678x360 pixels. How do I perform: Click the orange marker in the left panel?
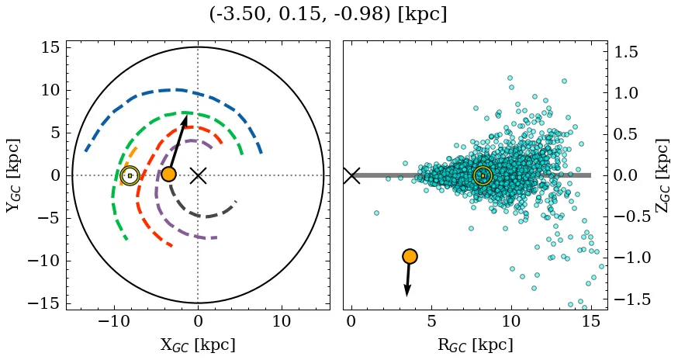pyautogui.click(x=168, y=175)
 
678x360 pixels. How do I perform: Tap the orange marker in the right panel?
pyautogui.click(x=410, y=256)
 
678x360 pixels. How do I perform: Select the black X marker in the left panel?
pyautogui.click(x=198, y=175)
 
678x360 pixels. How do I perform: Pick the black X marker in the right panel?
pyautogui.click(x=351, y=175)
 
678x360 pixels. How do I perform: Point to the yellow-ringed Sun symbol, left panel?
pyautogui.click(x=130, y=175)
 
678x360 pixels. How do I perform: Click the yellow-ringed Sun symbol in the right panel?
pyautogui.click(x=483, y=176)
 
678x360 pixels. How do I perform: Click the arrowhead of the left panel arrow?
pyautogui.click(x=185, y=120)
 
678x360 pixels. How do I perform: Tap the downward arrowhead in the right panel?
pyautogui.click(x=407, y=290)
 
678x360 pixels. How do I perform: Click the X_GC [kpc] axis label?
pyautogui.click(x=198, y=345)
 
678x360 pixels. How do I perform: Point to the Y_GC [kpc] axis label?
pyautogui.click(x=13, y=175)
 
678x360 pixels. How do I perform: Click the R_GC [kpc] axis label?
pyautogui.click(x=475, y=345)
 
